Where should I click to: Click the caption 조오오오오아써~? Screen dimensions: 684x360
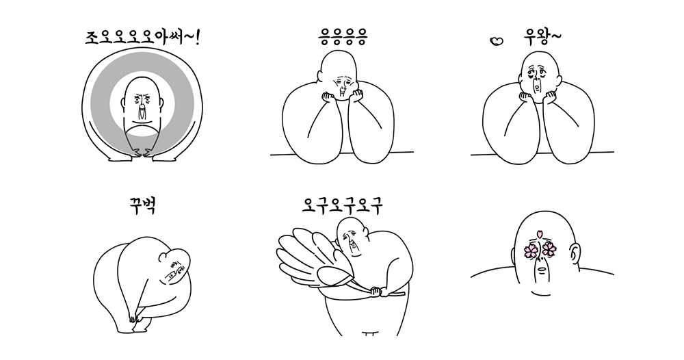tap(143, 38)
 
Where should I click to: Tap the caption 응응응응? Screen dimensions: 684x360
tap(343, 37)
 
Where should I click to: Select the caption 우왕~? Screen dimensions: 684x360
tap(542, 38)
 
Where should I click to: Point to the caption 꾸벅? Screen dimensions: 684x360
tap(143, 205)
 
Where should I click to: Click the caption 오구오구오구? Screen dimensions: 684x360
tap(343, 205)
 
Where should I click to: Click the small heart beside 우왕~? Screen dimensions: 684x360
tap(497, 41)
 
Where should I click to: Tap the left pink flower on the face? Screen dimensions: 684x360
tap(531, 250)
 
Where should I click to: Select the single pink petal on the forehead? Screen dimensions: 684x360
tap(540, 234)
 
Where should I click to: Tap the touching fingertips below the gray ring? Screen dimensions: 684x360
tap(143, 153)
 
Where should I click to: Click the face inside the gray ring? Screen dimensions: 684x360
tap(142, 106)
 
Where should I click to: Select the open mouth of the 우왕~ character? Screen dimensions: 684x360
tap(538, 88)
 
